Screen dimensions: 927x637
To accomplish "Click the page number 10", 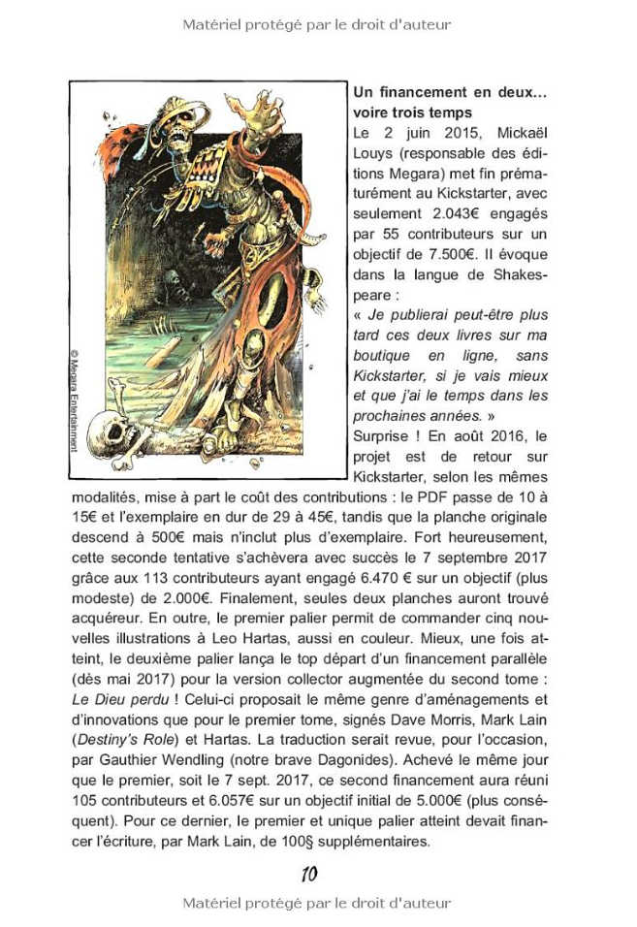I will [x=309, y=874].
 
